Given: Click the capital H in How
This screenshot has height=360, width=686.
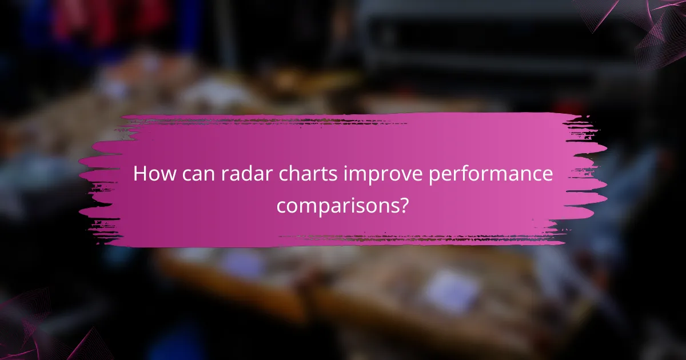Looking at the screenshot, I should (x=139, y=175).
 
